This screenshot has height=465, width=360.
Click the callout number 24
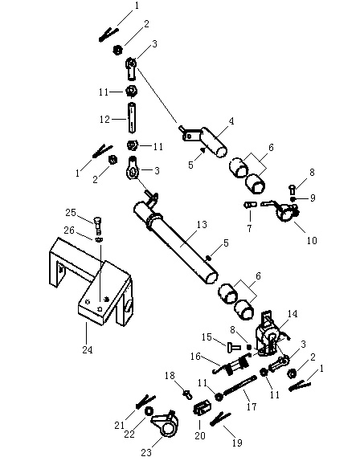point(88,350)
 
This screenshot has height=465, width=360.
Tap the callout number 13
point(202,225)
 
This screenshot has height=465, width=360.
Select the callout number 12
point(104,119)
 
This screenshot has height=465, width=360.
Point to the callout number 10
point(312,240)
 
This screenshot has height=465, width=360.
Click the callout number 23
point(146,452)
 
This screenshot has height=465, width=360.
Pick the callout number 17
point(252,406)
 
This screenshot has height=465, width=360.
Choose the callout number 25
point(71,213)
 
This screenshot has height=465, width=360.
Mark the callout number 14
point(292,313)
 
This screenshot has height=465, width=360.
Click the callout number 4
point(231,121)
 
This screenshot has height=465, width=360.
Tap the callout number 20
point(200,435)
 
